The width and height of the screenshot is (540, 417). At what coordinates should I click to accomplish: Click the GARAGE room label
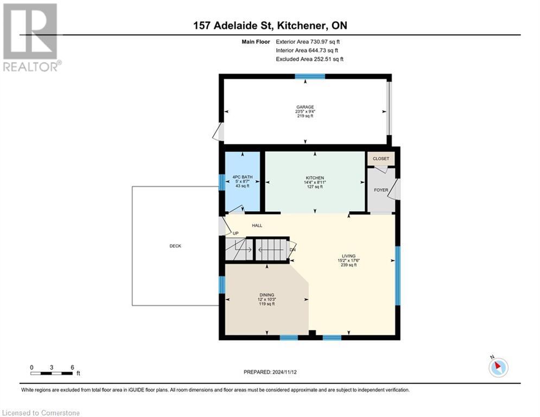[x=305, y=107]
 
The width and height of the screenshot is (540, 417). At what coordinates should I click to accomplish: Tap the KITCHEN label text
[x=314, y=178]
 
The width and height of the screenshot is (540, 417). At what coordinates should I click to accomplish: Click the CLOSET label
[x=381, y=159]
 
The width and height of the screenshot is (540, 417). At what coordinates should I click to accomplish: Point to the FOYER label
[x=381, y=191]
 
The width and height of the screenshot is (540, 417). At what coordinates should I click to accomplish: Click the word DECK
[x=175, y=246]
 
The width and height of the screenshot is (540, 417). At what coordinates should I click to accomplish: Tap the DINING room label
[x=266, y=295]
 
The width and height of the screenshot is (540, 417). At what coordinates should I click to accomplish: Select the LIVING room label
[x=348, y=256]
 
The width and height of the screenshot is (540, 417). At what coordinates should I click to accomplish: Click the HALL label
[x=257, y=225]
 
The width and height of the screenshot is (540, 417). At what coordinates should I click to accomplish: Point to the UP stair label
[x=236, y=233]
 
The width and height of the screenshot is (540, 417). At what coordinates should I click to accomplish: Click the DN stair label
[x=292, y=250]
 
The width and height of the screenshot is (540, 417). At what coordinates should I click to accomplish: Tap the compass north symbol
[x=498, y=367]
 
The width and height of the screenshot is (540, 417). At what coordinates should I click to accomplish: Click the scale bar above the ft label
[x=52, y=373]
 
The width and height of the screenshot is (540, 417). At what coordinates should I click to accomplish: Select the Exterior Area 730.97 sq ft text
[x=308, y=41]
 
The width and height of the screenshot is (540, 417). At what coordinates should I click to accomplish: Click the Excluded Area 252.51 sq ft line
[x=309, y=59]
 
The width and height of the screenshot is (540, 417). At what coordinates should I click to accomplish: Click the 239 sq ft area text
[x=348, y=265]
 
